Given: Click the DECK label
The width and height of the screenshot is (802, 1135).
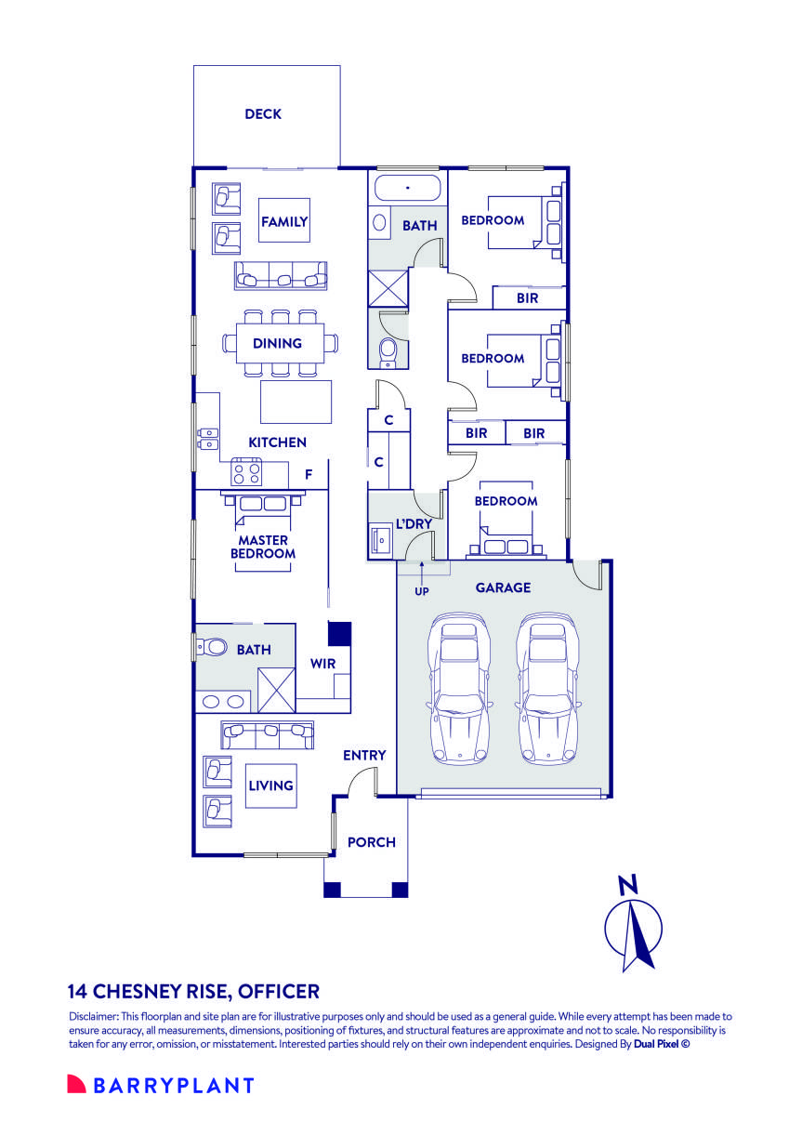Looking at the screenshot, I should (x=263, y=114).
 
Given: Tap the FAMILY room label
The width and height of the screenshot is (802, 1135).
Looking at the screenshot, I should (x=283, y=222).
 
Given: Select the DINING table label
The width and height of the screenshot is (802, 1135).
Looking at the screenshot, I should (x=277, y=343).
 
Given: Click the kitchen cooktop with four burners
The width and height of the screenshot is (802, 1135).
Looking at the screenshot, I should (x=247, y=473).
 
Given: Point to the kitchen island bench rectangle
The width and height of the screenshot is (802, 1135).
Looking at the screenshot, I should (x=296, y=402).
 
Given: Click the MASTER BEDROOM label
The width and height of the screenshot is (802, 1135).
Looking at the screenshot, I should (x=264, y=547).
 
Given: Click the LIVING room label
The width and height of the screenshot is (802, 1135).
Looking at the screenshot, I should (x=270, y=785).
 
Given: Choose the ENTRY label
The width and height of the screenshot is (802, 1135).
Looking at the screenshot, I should (x=364, y=755).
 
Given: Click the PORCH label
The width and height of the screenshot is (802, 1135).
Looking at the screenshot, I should (x=372, y=842).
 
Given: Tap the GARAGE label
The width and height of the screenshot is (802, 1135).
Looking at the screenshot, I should (x=503, y=587).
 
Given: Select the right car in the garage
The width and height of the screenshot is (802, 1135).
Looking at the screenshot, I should (x=547, y=687).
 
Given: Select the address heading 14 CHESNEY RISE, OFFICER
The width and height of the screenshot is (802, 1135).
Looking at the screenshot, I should (x=193, y=991).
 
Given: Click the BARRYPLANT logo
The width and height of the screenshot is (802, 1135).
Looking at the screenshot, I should (x=161, y=1085).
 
